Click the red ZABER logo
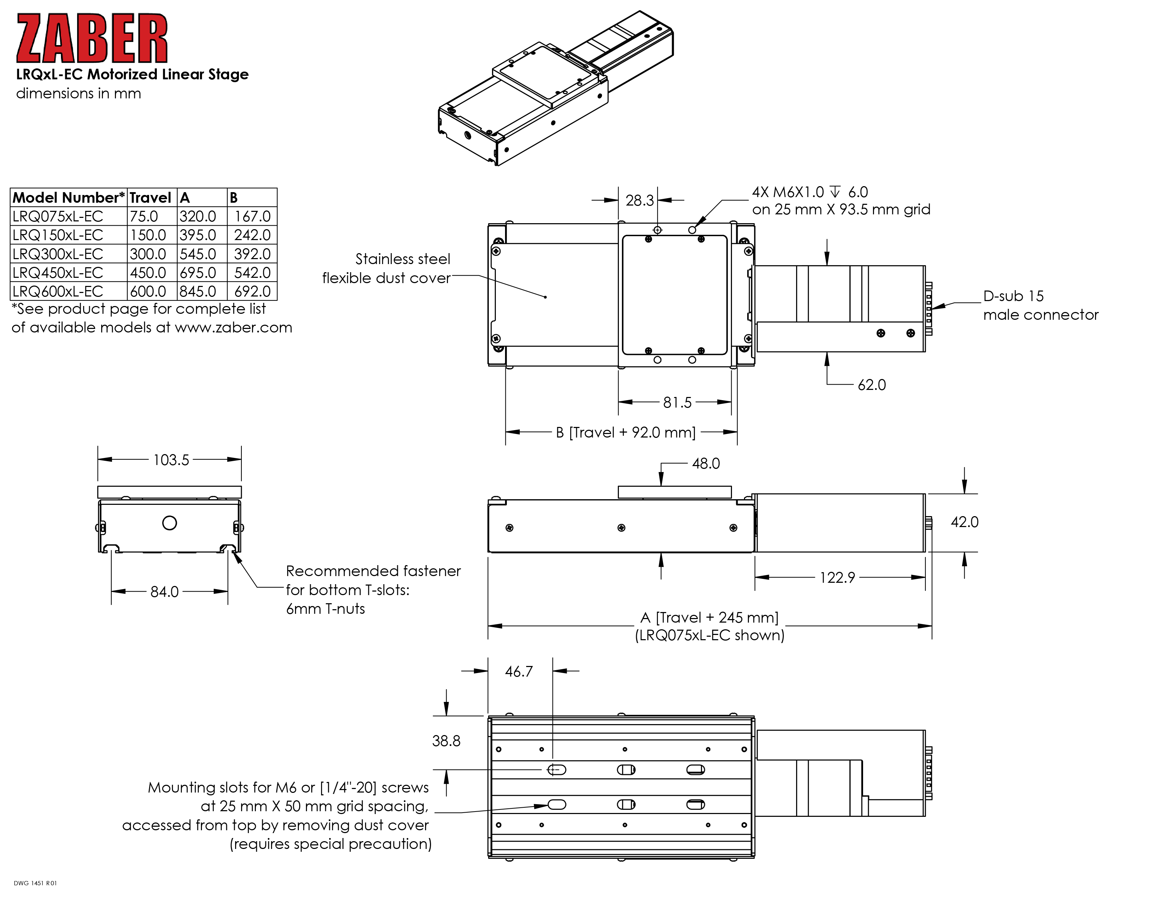click(x=92, y=38)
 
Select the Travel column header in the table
click(x=150, y=197)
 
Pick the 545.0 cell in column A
click(x=198, y=254)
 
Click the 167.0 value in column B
click(x=252, y=216)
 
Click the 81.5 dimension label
click(x=677, y=402)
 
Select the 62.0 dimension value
click(x=872, y=385)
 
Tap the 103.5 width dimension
click(x=171, y=460)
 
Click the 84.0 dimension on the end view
click(x=165, y=592)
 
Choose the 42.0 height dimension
click(x=964, y=522)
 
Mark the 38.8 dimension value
click(x=446, y=741)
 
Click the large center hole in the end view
click(x=169, y=523)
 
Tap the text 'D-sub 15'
click(x=1013, y=296)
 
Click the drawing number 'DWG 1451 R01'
click(x=35, y=883)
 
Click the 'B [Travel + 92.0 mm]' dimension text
click(x=626, y=433)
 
